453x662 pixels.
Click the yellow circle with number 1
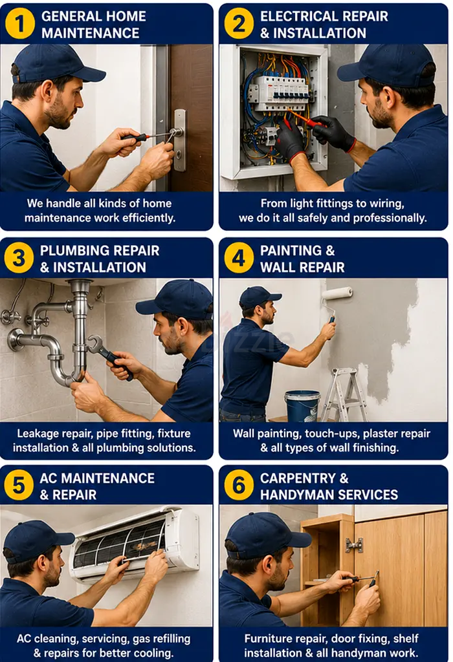(19, 24)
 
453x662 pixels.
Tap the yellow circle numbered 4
(239, 257)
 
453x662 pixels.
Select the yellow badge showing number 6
(239, 485)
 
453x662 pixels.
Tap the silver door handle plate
(180, 140)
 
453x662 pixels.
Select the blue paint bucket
(302, 406)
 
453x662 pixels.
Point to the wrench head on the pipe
(94, 344)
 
